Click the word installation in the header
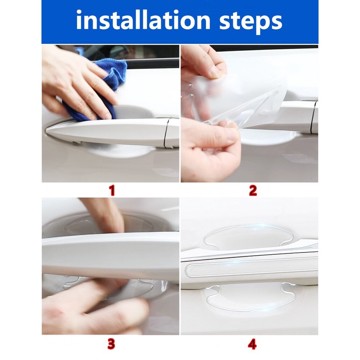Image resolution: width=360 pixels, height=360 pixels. click(143, 20)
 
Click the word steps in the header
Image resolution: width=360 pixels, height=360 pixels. click(251, 22)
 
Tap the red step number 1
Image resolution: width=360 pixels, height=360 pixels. click(112, 190)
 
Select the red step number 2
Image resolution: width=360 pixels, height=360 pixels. click(252, 190)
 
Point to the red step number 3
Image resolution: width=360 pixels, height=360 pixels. click(111, 344)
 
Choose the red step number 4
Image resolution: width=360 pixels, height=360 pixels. click(252, 345)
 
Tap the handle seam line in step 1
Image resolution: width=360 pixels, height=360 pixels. click(167, 133)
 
